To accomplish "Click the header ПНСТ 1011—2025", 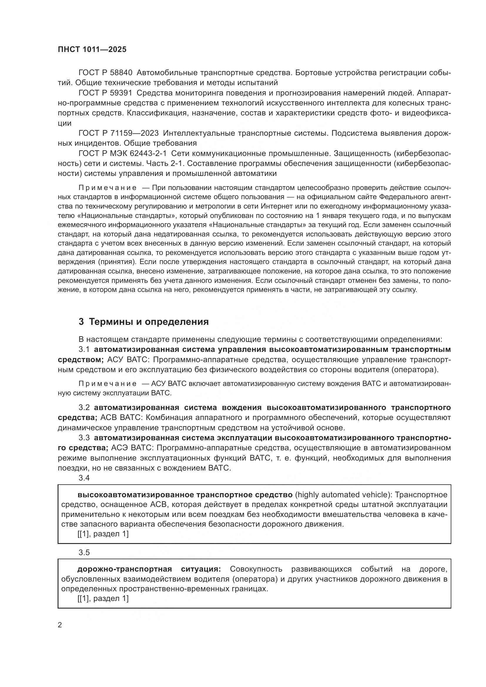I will point(92,49).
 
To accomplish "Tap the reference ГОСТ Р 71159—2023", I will point(118,133).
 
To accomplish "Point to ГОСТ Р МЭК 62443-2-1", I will point(123,154).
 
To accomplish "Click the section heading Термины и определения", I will point(149,322).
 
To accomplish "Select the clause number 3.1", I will point(84,350).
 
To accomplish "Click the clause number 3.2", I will point(84,408).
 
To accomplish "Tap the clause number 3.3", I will point(84,438).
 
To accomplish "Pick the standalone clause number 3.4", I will point(84,478).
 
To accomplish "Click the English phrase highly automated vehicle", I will point(343,495).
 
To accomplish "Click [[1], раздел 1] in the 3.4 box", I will point(103,534).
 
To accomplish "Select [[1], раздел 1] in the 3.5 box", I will point(103,599).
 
